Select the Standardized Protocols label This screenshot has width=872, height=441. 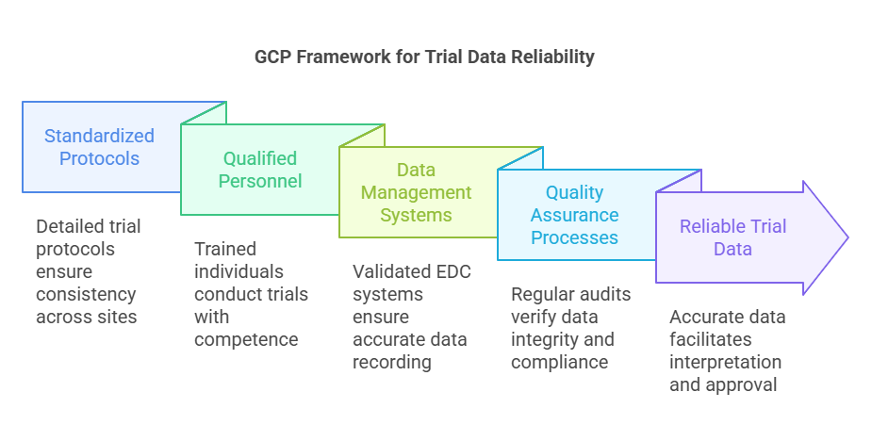(x=99, y=147)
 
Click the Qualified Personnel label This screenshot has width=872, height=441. (x=260, y=170)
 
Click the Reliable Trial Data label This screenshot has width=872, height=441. (x=732, y=237)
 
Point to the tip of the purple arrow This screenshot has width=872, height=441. (x=847, y=237)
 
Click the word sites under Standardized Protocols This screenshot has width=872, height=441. (x=115, y=317)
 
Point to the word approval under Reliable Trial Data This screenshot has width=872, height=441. (x=736, y=384)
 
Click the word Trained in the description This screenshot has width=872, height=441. (x=224, y=249)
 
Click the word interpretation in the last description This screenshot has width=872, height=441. (x=725, y=362)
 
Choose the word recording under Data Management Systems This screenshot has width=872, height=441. (x=392, y=362)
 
